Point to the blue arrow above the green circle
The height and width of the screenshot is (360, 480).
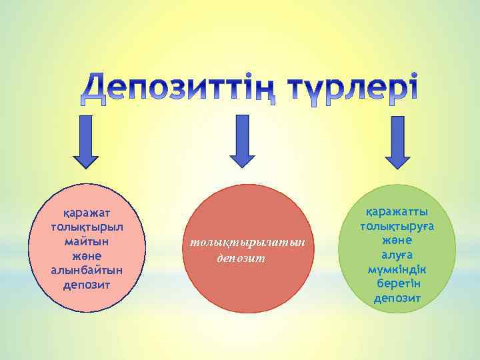397,142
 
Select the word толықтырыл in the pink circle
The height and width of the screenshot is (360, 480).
87,227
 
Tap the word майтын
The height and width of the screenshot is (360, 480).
87,241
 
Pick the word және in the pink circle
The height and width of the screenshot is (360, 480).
87,255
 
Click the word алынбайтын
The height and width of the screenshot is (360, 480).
87,270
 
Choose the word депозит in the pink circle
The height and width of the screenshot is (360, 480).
87,285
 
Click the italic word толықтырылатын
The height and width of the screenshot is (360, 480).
247,243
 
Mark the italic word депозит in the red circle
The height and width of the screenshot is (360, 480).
241,257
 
